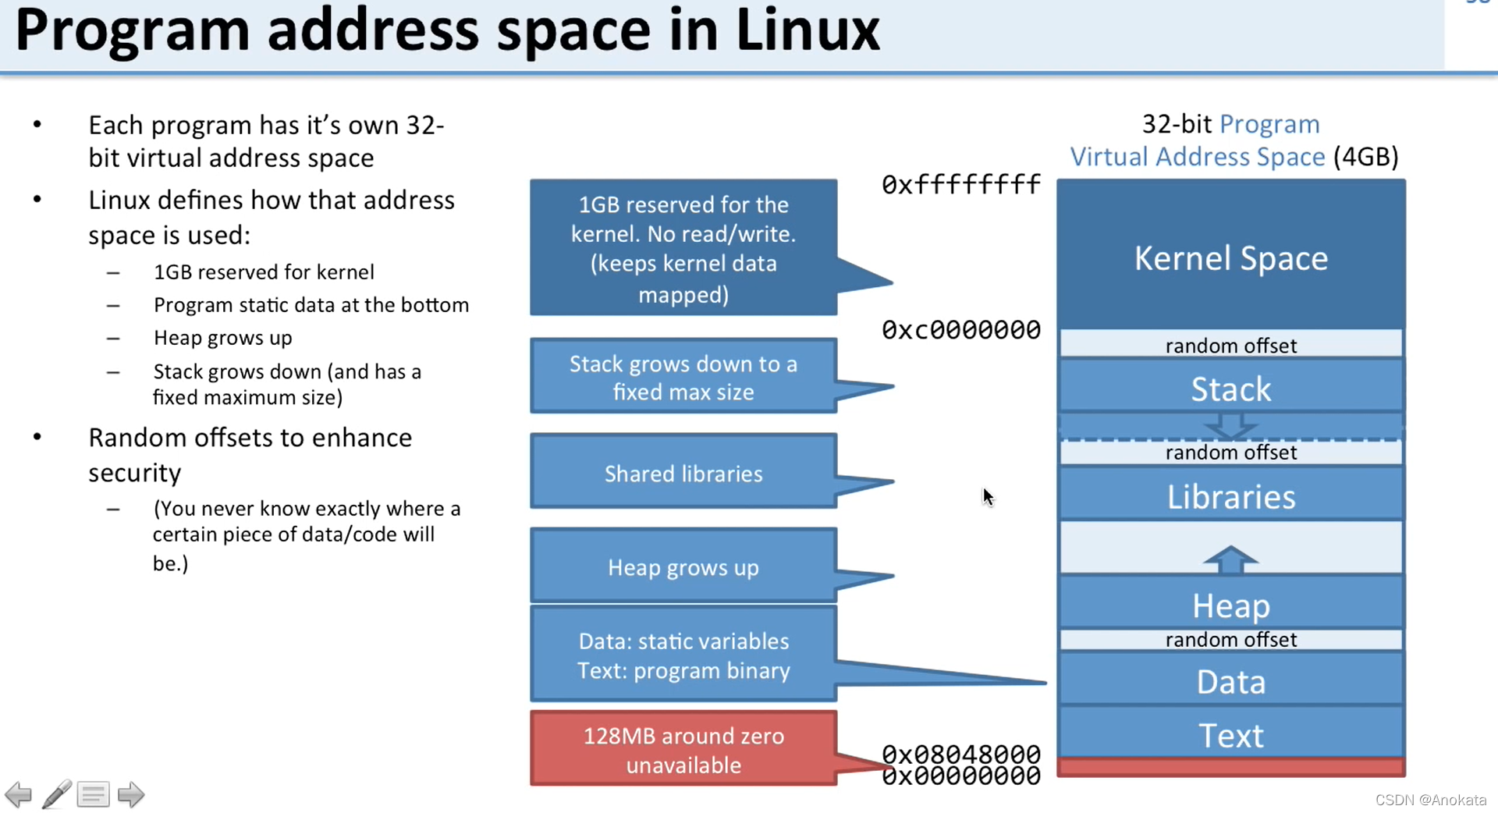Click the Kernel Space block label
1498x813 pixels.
[1230, 258]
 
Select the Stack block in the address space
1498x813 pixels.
[1230, 389]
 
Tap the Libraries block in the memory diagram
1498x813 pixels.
[1230, 497]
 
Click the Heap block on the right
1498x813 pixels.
[1230, 605]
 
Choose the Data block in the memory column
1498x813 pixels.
[1230, 682]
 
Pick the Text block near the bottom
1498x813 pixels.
[1230, 735]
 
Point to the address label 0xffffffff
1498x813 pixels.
[960, 185]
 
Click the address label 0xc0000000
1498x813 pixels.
[960, 330]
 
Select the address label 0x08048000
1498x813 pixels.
[960, 753]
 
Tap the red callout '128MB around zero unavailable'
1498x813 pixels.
[683, 749]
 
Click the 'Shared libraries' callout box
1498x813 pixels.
[683, 474]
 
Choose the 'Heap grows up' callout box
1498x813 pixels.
[683, 567]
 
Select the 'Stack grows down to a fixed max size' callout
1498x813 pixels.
[683, 377]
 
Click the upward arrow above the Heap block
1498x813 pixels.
[1230, 559]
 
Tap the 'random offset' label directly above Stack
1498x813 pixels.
[1230, 346]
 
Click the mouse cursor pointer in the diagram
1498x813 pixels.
[988, 497]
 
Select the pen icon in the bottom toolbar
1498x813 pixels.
[57, 794]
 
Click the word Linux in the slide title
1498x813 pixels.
[808, 31]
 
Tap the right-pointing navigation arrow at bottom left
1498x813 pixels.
[131, 794]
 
